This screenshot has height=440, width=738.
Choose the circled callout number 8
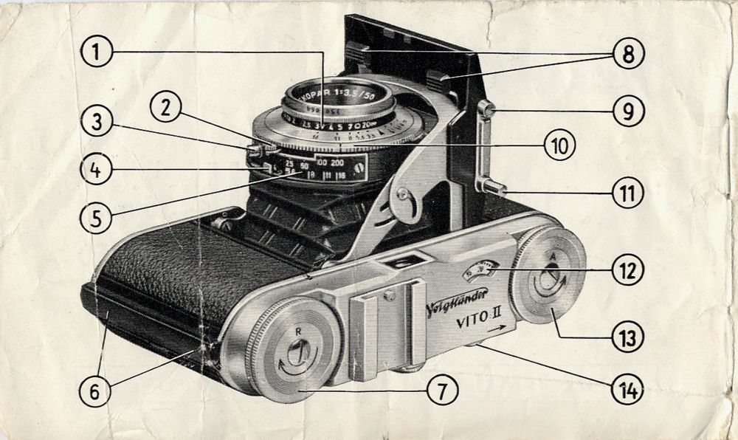click(x=627, y=53)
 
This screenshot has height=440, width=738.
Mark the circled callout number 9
click(x=627, y=111)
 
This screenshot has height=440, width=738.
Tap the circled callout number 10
click(x=559, y=146)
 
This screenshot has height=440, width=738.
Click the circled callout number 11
click(x=627, y=193)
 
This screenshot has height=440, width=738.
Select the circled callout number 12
click(x=627, y=270)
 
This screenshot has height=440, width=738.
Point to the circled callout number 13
click(x=627, y=337)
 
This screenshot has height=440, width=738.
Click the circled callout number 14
click(x=627, y=389)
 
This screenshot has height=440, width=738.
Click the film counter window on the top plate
click(x=480, y=271)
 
